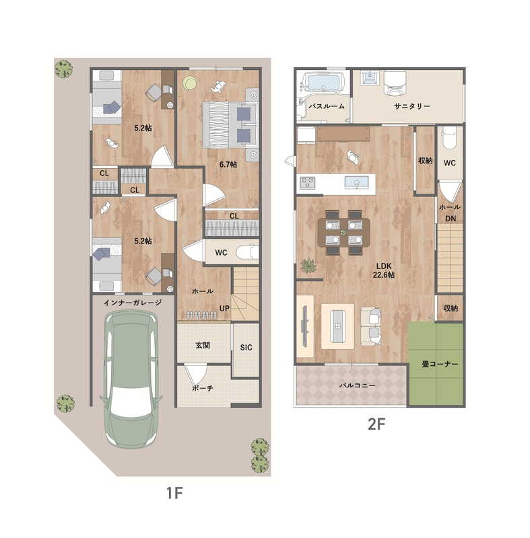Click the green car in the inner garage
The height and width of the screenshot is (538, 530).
point(131,379)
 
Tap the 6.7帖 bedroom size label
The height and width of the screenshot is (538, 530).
point(228,164)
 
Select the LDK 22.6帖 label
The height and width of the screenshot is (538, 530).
point(384,270)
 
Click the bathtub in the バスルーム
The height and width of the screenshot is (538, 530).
point(323,83)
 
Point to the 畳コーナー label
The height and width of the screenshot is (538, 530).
point(440,364)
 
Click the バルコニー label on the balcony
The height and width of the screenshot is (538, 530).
point(357,385)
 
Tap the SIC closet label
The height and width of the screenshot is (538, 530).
point(246,348)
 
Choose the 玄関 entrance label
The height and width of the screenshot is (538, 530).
point(203,346)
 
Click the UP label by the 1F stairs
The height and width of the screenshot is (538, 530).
point(224,308)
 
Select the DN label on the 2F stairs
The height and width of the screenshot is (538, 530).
point(451,219)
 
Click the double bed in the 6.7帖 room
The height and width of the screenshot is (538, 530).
point(230,125)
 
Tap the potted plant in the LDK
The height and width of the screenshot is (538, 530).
point(308,266)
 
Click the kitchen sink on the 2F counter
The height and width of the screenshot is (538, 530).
point(356,182)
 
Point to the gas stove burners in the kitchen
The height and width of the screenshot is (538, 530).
point(308,182)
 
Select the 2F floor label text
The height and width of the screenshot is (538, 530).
point(376,425)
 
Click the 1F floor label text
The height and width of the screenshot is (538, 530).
point(174,493)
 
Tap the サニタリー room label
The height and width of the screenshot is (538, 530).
point(412,106)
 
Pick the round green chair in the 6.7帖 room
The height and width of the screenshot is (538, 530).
point(190,83)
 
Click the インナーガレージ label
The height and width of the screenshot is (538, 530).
point(133,302)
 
